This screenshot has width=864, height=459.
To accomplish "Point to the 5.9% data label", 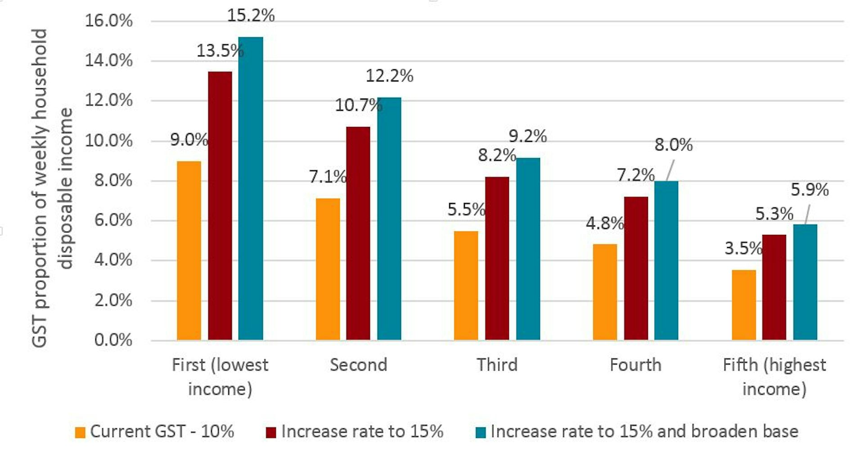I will [810, 190].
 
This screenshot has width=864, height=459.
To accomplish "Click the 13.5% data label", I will [220, 50].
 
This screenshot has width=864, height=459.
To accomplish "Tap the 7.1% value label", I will [327, 177].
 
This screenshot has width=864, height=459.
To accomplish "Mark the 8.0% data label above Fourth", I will [673, 145].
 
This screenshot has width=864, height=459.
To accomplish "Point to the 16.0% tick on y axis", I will [109, 21].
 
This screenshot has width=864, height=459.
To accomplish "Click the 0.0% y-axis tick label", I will [113, 340].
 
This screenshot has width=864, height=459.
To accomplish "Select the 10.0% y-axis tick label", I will [109, 141].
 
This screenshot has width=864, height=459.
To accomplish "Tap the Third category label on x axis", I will [497, 364].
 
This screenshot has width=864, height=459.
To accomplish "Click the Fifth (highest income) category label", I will [774, 376].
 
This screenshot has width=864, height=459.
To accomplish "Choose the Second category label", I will [358, 364].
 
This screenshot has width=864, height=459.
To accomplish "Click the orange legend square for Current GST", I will [80, 432].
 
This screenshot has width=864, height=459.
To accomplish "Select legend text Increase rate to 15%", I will [362, 431].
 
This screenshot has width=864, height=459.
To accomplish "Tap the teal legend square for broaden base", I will [481, 432].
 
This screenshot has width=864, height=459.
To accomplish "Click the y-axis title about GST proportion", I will [52, 188].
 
